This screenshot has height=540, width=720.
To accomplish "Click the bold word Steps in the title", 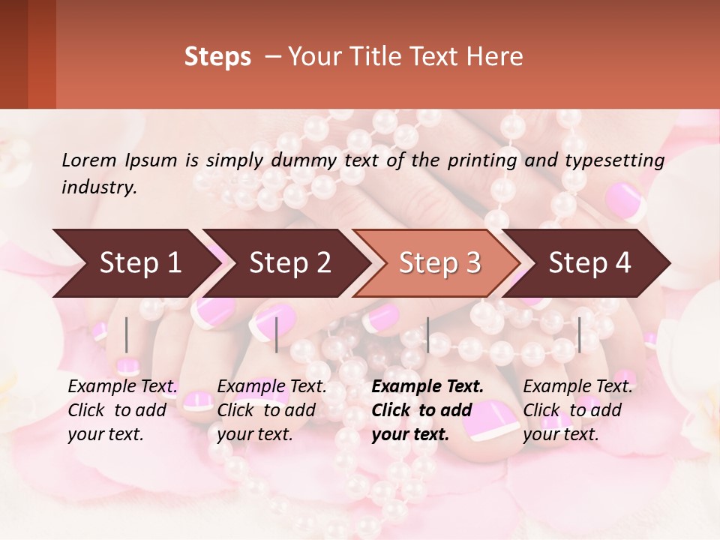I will click(217, 57).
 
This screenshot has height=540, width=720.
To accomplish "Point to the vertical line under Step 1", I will click(127, 334).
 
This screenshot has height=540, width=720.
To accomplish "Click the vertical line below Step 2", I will click(277, 334).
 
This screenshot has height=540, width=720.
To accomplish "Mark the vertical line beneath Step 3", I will click(427, 334).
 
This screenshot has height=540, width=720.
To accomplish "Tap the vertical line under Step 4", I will click(579, 334).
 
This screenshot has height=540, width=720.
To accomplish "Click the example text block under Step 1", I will click(122, 410).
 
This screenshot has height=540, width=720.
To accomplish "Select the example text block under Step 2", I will click(271, 410).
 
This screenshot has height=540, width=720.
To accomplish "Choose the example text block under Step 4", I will click(577, 410).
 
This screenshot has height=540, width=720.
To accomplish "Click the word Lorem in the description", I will click(89, 160).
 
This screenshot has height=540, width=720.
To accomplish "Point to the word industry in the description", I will click(99, 187).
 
